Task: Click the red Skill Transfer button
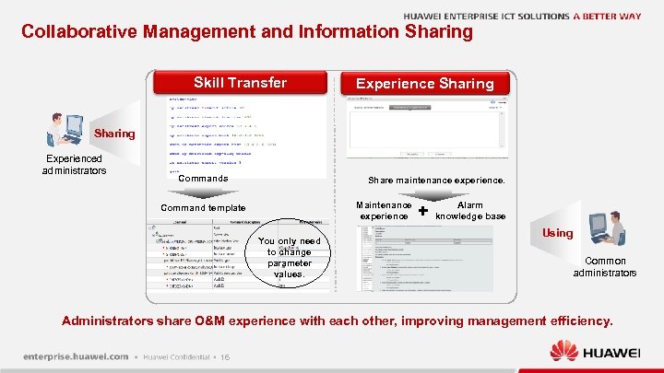tap(240, 83)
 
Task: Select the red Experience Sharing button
tap(424, 83)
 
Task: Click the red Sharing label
tap(113, 134)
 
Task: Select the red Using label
tap(557, 234)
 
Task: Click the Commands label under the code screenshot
tap(202, 178)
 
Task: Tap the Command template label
tap(202, 208)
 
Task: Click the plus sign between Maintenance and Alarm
tap(422, 211)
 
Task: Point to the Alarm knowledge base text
tap(470, 211)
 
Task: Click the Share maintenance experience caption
tap(436, 180)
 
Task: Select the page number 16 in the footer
tap(225, 357)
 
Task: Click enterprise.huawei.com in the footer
tap(76, 356)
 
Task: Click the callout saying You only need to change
tap(290, 257)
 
